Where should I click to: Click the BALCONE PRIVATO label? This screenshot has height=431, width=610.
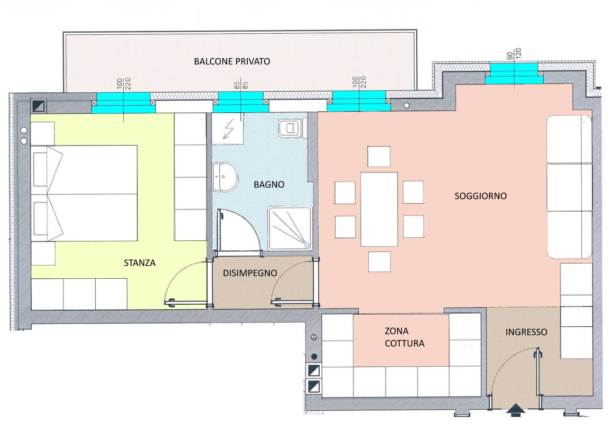(232, 61)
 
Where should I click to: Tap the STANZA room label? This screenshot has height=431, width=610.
(140, 263)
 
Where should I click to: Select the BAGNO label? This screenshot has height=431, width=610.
(269, 184)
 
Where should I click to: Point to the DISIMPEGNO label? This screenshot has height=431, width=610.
(250, 273)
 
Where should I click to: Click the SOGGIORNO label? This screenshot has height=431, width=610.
(481, 196)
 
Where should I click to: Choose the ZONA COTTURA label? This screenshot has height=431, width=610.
(404, 337)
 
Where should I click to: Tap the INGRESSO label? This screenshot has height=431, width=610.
(526, 332)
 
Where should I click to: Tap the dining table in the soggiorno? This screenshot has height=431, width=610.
(379, 209)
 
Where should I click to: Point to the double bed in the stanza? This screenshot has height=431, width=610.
(84, 193)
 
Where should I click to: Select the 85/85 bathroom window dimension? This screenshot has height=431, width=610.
(241, 85)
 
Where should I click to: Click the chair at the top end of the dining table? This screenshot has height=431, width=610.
(379, 156)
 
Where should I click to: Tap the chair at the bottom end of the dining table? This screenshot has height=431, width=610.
(379, 262)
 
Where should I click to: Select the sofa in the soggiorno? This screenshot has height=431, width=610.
(569, 187)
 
